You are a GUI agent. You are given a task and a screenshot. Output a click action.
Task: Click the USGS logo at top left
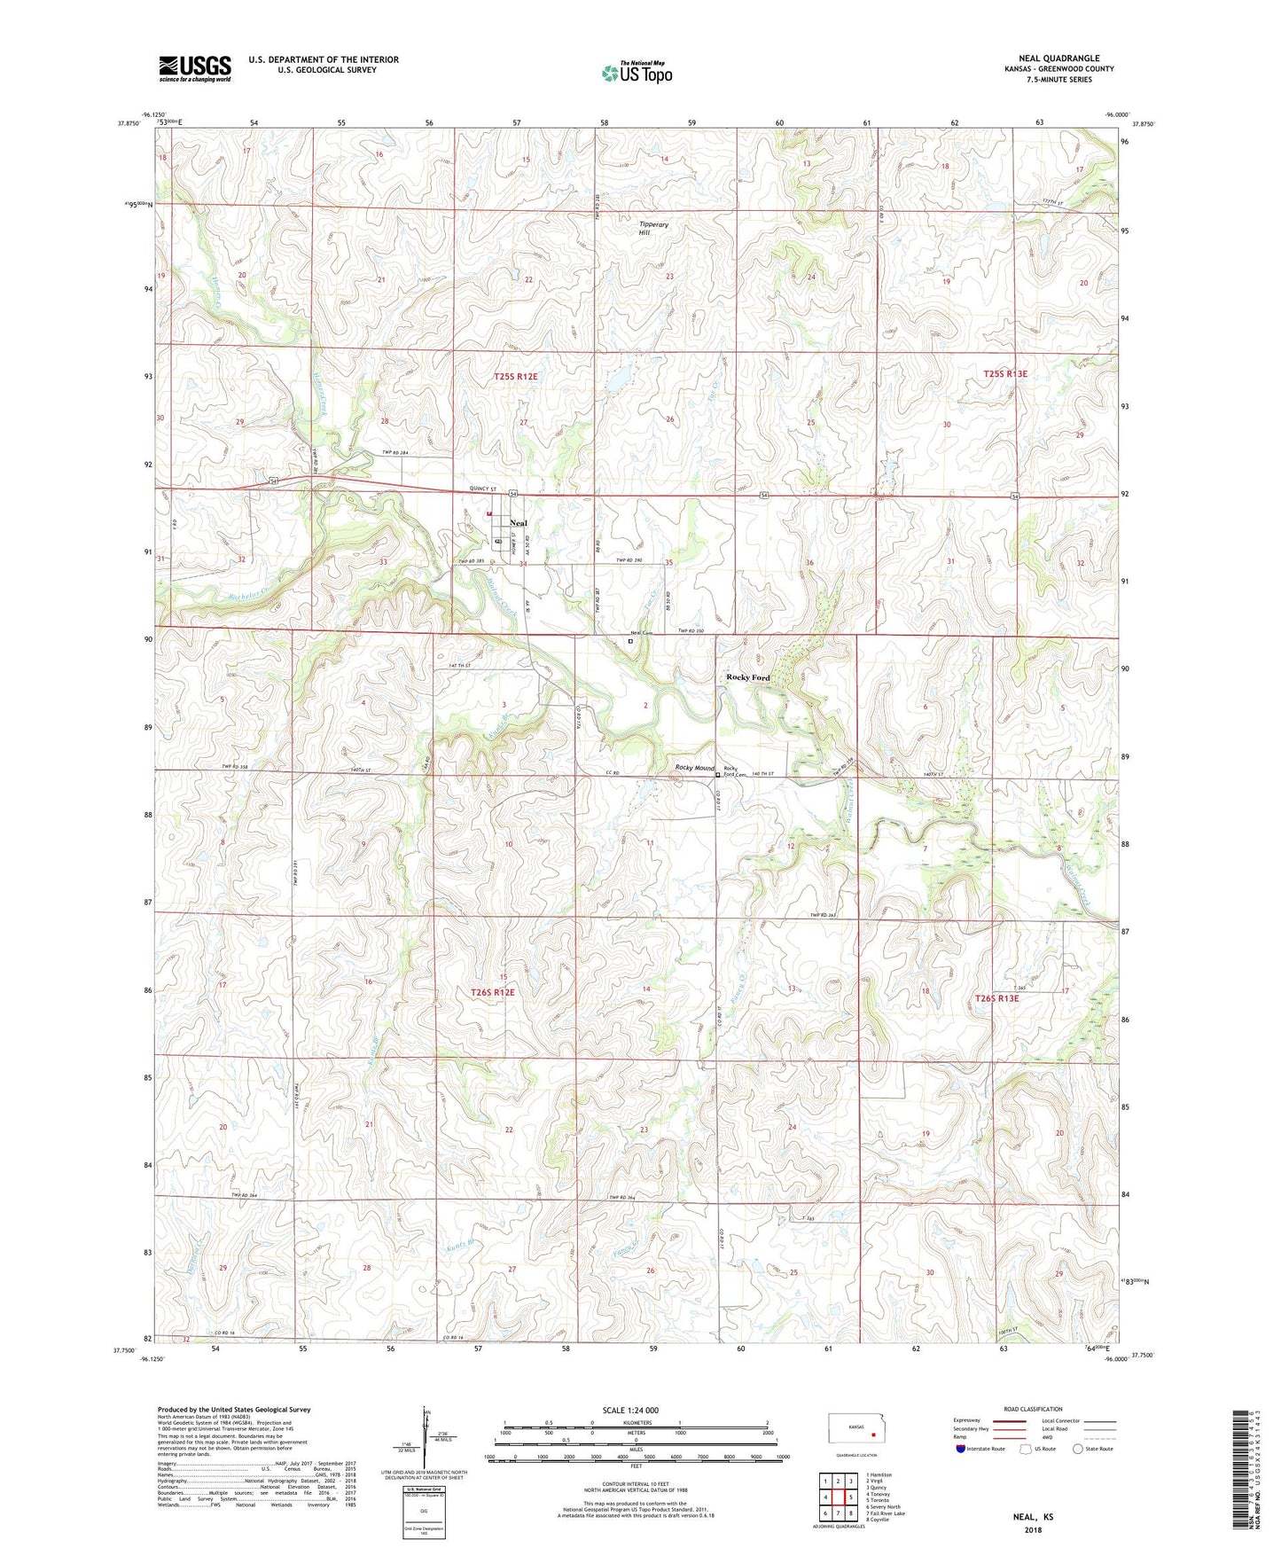click(195, 68)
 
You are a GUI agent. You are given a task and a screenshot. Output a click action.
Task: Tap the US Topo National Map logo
click(637, 73)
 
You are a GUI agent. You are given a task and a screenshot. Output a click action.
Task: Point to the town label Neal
click(518, 523)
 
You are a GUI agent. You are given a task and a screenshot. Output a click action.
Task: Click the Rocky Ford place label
click(748, 677)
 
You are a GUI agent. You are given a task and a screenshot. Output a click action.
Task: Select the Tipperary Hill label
click(653, 229)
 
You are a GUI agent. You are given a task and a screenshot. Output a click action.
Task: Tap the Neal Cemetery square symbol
click(630, 640)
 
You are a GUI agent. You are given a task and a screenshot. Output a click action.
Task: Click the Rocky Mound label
click(694, 768)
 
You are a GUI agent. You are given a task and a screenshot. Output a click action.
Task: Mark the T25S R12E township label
click(515, 377)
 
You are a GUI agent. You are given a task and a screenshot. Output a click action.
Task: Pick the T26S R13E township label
click(996, 998)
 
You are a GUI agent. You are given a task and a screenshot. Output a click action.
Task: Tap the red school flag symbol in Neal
click(488, 512)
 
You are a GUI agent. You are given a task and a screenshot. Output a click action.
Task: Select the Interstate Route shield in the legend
click(961, 1450)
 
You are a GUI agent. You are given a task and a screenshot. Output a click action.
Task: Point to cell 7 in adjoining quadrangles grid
click(838, 1513)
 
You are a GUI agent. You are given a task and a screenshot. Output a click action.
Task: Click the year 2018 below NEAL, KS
click(1033, 1529)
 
